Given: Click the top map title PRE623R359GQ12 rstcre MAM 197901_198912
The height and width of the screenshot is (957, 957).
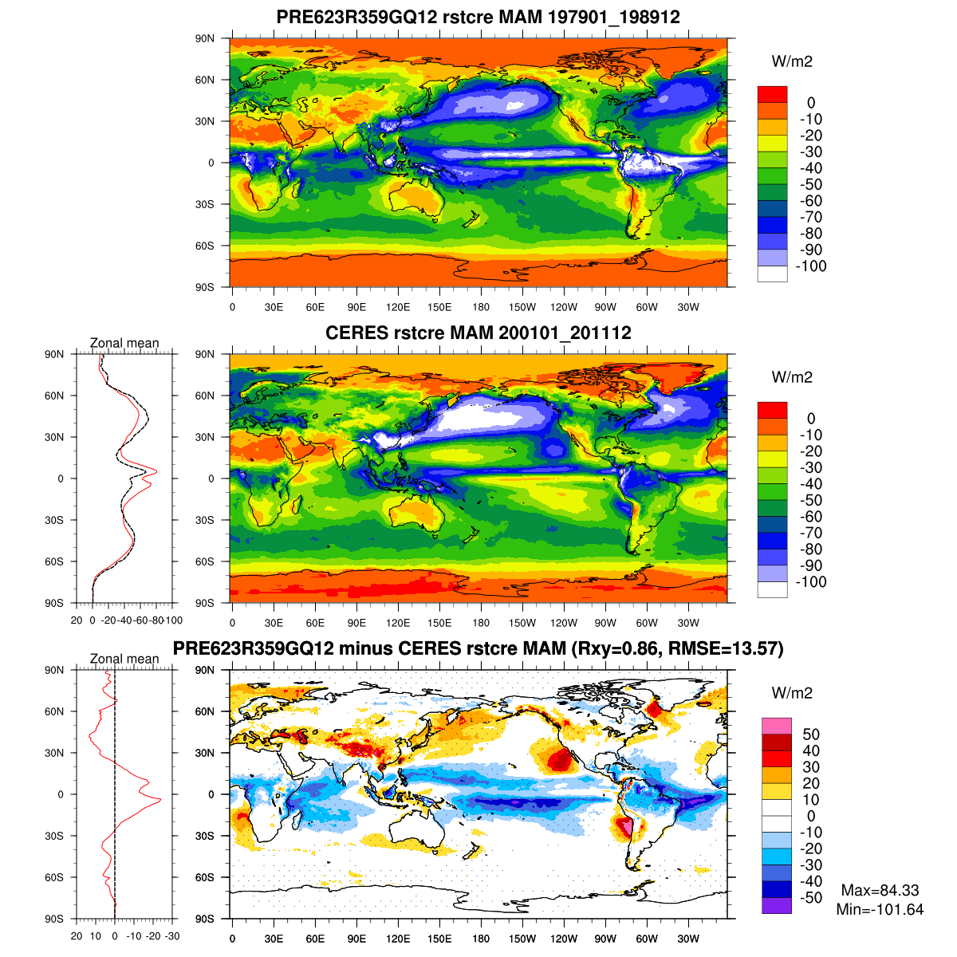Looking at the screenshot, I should tap(478, 17).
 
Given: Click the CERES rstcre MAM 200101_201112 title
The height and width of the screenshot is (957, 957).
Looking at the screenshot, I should tap(478, 333).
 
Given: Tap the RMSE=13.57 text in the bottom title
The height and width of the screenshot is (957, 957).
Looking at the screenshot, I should tap(730, 649).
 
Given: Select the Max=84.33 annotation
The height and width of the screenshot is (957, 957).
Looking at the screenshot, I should tap(880, 891).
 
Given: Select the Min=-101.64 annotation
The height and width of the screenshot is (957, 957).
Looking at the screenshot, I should tap(880, 909).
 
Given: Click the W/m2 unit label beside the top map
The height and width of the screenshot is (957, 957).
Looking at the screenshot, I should tap(792, 61).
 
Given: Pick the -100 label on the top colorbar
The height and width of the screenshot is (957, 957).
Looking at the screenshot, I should tap(813, 266).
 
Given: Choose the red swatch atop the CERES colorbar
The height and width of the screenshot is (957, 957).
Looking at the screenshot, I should tap(772, 410).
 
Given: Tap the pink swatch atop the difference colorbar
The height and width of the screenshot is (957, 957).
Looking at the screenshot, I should tap(777, 726).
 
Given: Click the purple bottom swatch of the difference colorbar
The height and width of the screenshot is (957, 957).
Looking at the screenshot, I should tap(777, 906).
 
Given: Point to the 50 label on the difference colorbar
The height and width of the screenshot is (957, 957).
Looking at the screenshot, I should tap(811, 734).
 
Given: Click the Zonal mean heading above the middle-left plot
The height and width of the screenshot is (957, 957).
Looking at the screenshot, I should tap(124, 343).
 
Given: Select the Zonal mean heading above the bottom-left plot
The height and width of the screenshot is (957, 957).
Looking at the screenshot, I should tap(124, 659).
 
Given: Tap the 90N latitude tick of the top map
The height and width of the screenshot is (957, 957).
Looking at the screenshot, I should tap(205, 38).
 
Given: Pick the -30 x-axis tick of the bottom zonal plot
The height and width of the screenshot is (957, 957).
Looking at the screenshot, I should tap(171, 936).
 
